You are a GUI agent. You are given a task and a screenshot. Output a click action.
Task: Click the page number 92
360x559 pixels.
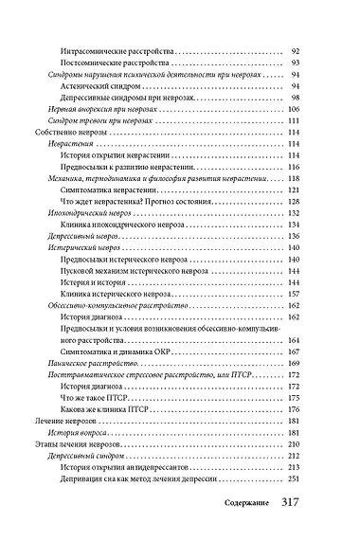294,48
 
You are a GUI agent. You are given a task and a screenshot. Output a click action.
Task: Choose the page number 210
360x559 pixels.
292,444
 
